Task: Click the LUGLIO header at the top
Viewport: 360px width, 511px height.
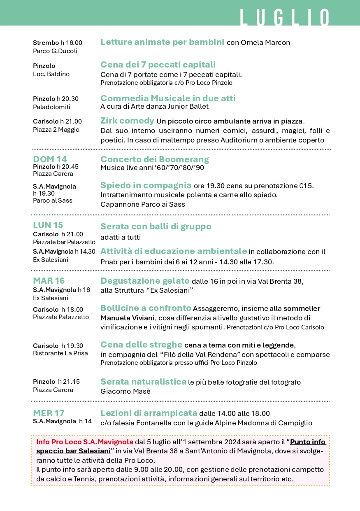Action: pyautogui.click(x=285, y=18)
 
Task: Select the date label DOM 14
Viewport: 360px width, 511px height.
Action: pyautogui.click(x=50, y=159)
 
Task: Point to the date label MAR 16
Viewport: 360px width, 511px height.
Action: pyautogui.click(x=49, y=281)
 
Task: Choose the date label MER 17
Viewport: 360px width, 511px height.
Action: pyautogui.click(x=49, y=413)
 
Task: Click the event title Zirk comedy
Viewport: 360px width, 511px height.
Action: pyautogui.click(x=127, y=121)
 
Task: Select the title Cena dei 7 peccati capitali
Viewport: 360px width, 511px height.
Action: pyautogui.click(x=158, y=65)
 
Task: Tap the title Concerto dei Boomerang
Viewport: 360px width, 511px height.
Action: pyautogui.click(x=155, y=159)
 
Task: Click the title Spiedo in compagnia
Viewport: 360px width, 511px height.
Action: pyautogui.click(x=146, y=185)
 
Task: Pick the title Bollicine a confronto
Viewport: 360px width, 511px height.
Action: pyautogui.click(x=146, y=308)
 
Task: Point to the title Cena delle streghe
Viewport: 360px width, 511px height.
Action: pyautogui.click(x=141, y=344)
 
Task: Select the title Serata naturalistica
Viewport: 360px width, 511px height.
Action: pyautogui.click(x=143, y=382)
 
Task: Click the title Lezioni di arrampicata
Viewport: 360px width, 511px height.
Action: pyautogui.click(x=149, y=413)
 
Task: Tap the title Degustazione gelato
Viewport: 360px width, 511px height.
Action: pyautogui.click(x=145, y=281)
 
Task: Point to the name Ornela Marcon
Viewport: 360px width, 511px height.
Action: pyautogui.click(x=265, y=42)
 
